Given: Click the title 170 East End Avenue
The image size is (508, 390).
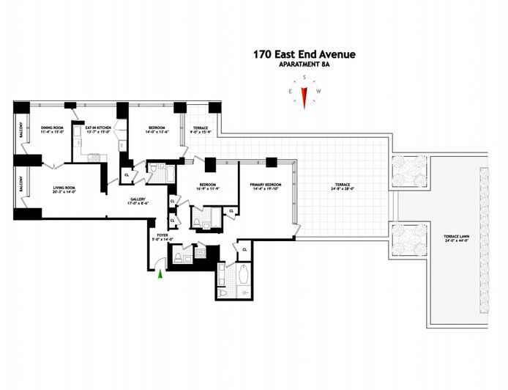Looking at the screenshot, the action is (x=304, y=54).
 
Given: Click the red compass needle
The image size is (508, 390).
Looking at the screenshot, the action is (x=304, y=97).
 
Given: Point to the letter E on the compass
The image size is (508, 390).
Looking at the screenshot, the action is (x=291, y=91).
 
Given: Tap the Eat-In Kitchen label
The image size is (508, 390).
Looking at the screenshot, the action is (x=97, y=128).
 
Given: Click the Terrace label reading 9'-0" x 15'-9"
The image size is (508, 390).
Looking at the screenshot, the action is (x=200, y=128).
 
